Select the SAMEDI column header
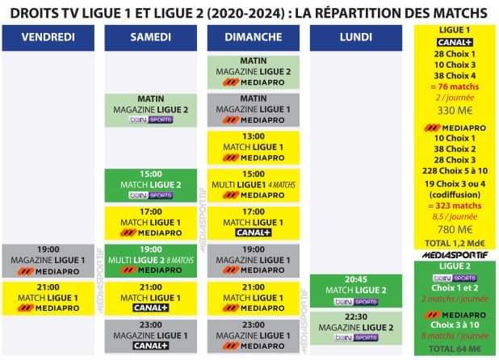[150, 37]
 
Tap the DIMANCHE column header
[254, 37]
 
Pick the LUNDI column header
[356, 37]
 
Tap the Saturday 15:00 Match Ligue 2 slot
[150, 185]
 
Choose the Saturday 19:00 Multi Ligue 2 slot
[150, 260]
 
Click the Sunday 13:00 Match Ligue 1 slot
[254, 147]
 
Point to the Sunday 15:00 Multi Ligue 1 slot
[254, 185]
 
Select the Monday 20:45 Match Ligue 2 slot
[356, 291]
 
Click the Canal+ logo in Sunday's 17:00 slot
[254, 232]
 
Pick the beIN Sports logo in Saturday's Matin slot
[151, 120]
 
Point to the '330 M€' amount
[456, 111]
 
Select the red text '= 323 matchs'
[456, 206]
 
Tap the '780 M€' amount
[456, 228]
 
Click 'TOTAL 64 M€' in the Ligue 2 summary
[456, 348]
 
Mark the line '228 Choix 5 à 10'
[456, 171]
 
